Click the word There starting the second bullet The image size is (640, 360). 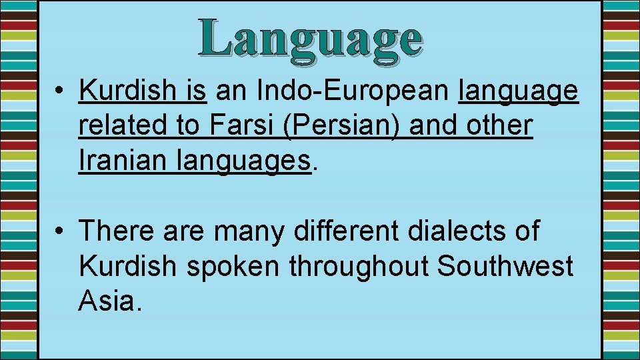tap(117, 231)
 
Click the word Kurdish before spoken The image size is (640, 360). tap(127, 266)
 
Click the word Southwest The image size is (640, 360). tap(505, 266)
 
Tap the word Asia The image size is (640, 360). tap(109, 301)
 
